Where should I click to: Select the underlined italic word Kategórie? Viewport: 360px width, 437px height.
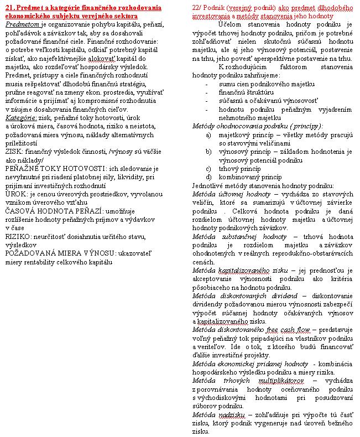20,118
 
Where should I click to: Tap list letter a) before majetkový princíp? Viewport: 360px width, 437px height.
208,134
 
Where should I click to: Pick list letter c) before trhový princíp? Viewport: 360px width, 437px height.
208,169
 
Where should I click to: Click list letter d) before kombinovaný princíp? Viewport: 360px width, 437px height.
208,177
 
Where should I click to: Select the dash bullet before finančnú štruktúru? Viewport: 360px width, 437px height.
207,92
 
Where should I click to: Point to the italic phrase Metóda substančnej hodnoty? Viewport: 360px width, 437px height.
230,236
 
